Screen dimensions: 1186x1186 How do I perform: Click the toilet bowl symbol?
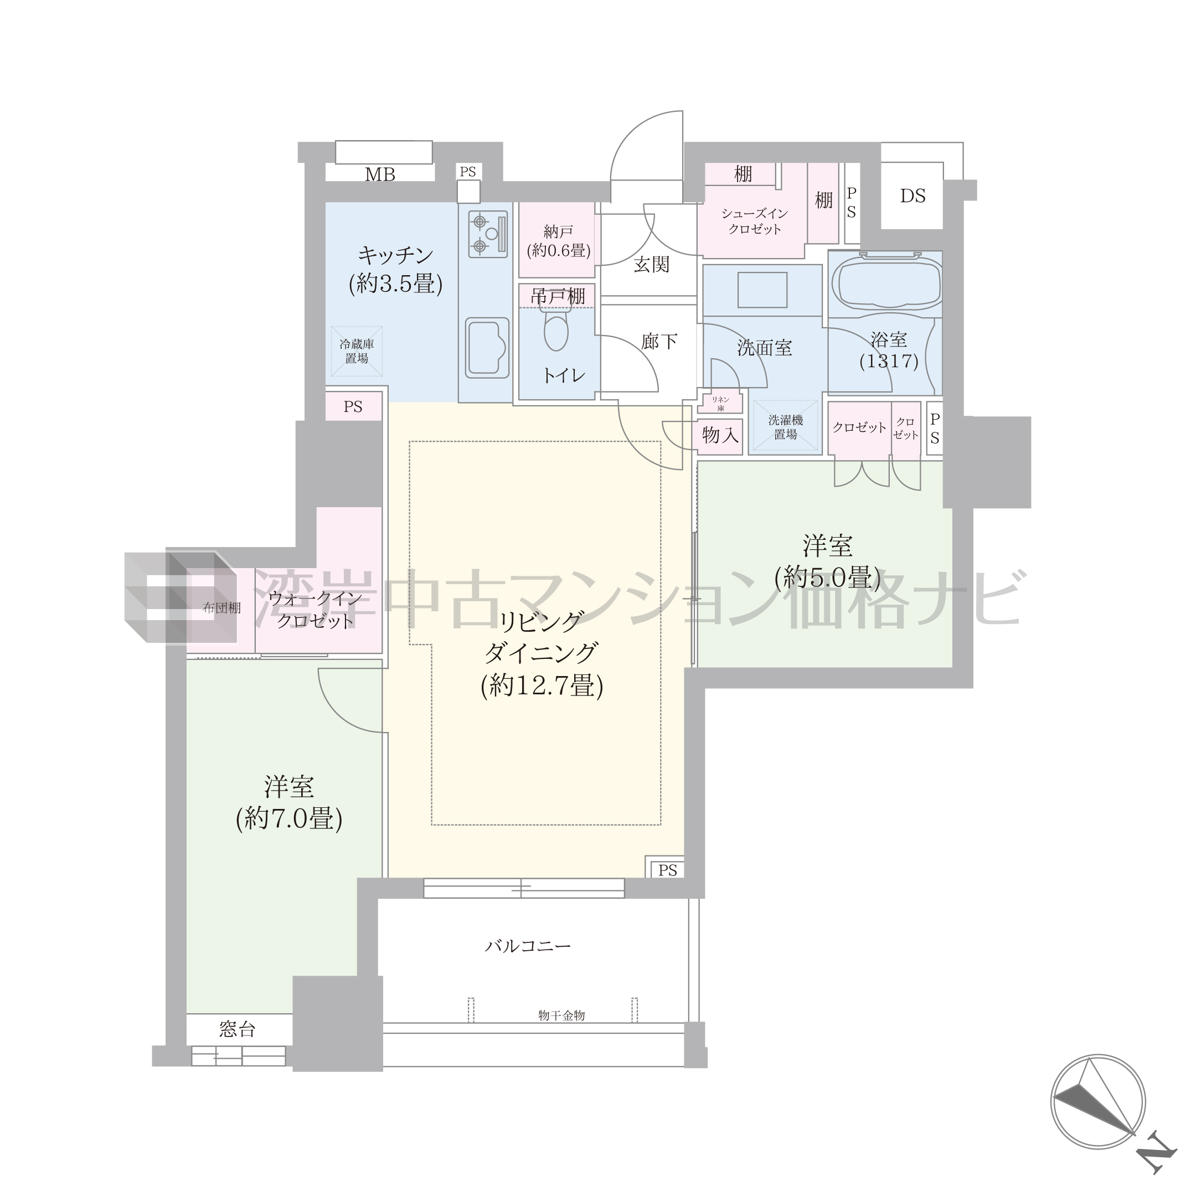click(555, 329)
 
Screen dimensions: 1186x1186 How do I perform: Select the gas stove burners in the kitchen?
click(488, 234)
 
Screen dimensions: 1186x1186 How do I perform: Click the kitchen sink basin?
click(487, 348)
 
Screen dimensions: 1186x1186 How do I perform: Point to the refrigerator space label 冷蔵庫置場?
click(357, 351)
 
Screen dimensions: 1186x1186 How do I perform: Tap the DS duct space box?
click(912, 196)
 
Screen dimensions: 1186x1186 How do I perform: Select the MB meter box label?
click(380, 174)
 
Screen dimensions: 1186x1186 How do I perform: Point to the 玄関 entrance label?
click(651, 265)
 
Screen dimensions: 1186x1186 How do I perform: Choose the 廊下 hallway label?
click(659, 341)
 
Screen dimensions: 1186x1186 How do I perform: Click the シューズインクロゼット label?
click(755, 221)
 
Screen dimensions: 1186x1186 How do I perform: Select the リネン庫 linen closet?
click(721, 403)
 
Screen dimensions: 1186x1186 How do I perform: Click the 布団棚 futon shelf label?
click(221, 608)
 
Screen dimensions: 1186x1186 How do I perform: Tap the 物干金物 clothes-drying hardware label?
click(561, 1015)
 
